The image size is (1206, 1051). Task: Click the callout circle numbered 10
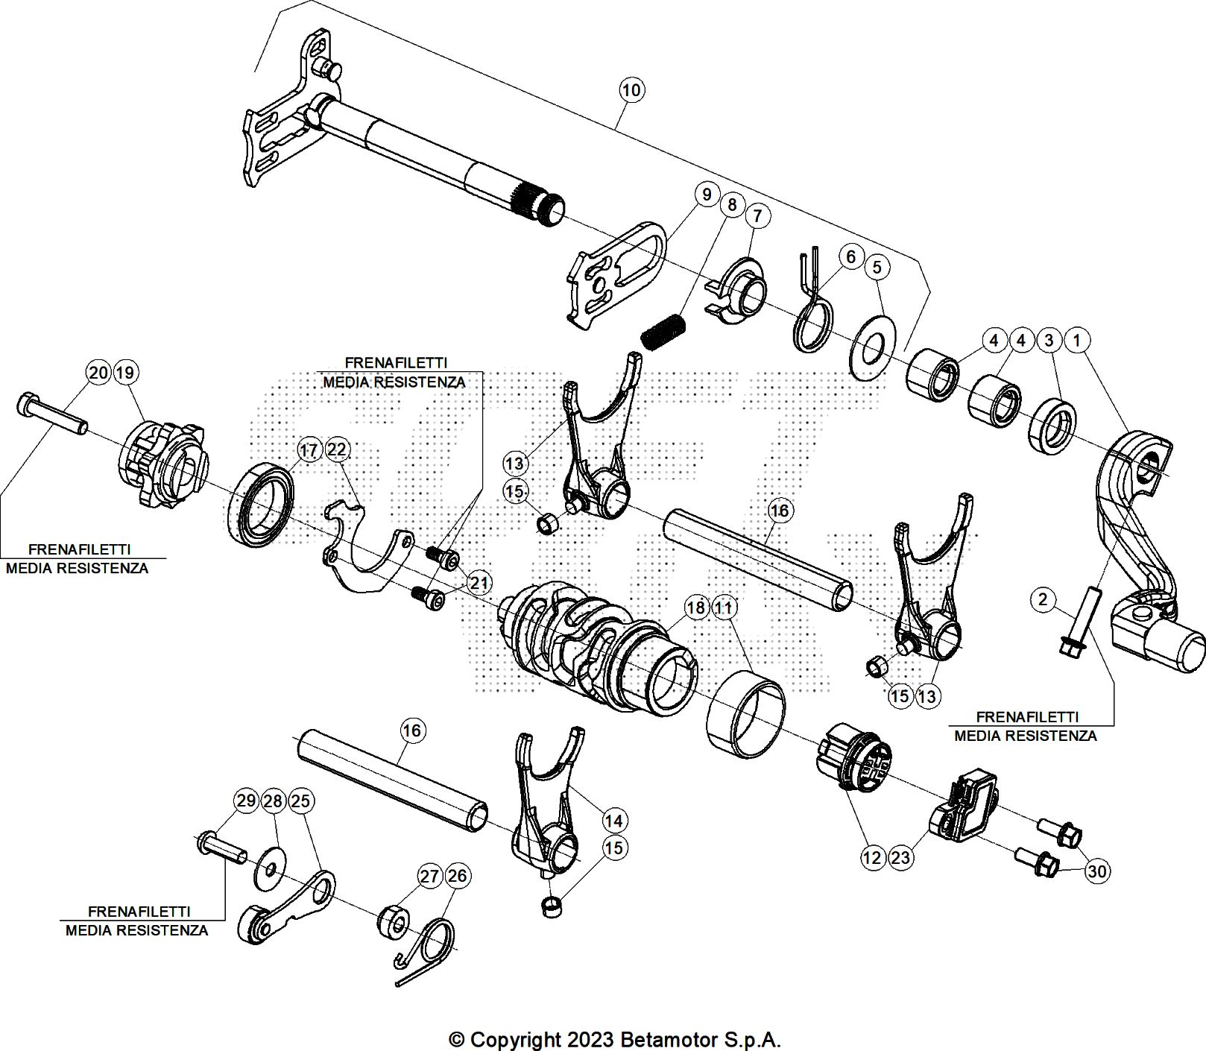(x=631, y=90)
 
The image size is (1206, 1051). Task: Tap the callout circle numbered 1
(x=1076, y=340)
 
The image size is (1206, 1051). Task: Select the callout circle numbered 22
(x=337, y=449)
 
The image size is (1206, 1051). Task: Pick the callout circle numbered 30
(x=1096, y=871)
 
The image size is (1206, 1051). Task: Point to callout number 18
(x=695, y=607)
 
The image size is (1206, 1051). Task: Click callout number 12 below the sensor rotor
(x=871, y=857)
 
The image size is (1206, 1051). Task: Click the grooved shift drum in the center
(x=589, y=641)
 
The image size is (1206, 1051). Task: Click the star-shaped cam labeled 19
(x=162, y=466)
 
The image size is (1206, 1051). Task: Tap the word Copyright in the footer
(x=515, y=1039)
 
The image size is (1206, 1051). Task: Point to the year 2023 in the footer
(x=590, y=1039)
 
